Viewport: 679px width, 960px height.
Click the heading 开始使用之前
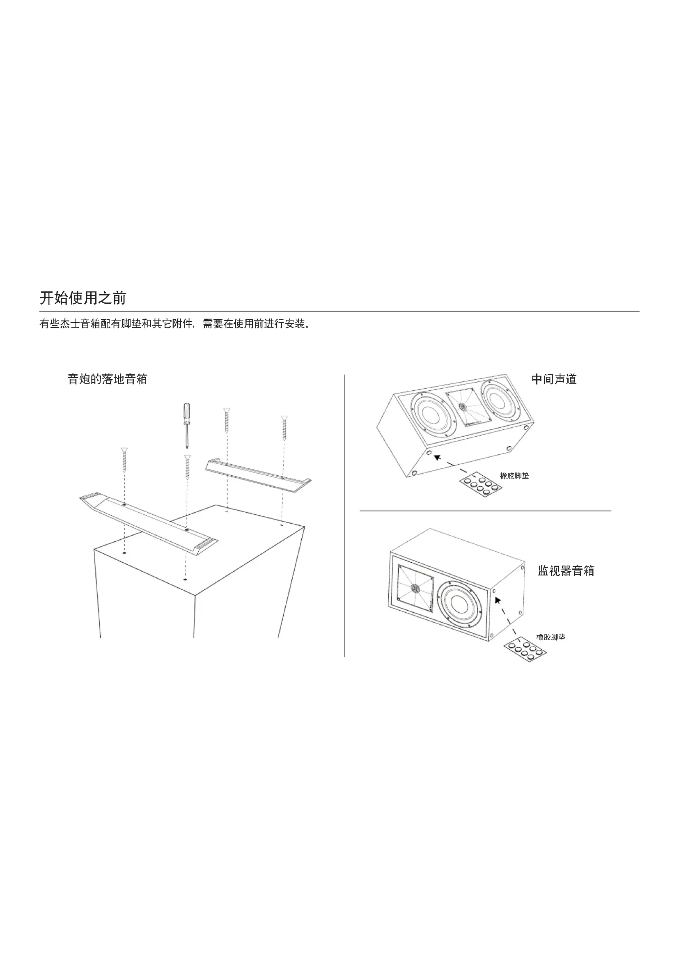point(83,298)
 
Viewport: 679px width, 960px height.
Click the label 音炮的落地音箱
point(108,379)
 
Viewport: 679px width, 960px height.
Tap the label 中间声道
point(554,379)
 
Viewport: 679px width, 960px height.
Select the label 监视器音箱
point(566,571)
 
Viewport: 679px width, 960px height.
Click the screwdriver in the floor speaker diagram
point(186,424)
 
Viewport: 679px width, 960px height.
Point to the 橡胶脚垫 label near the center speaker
point(514,476)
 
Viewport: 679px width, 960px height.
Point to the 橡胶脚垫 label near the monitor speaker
point(551,637)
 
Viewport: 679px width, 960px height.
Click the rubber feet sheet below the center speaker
point(481,485)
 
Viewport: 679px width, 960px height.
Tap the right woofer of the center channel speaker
point(500,400)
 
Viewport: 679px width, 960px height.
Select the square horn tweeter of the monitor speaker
point(415,589)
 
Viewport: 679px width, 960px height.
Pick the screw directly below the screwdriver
point(187,467)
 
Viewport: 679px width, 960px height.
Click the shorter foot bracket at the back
point(258,477)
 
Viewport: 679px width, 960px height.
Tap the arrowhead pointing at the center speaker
point(437,457)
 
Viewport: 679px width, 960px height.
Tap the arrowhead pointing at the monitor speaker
point(498,600)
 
